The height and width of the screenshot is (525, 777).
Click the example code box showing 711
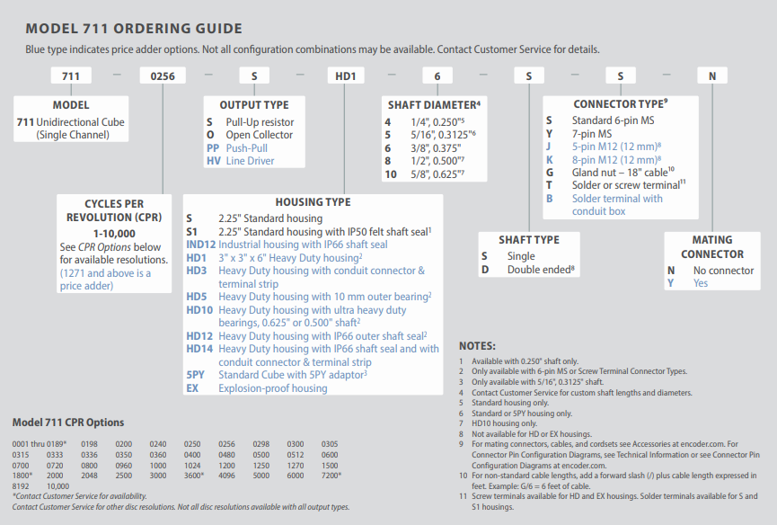click(x=70, y=76)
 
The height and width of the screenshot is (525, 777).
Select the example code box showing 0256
click(x=162, y=76)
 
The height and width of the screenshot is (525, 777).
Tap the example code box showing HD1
click(x=345, y=76)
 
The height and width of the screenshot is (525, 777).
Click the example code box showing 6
click(x=437, y=76)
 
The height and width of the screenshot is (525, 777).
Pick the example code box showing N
click(x=712, y=76)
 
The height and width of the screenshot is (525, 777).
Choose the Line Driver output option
click(x=250, y=161)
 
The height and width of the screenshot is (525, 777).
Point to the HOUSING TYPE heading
click(x=313, y=202)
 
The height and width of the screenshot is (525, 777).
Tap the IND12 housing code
click(x=200, y=245)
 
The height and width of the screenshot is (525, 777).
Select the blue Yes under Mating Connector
click(x=701, y=283)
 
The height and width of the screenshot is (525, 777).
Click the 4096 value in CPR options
click(x=225, y=475)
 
